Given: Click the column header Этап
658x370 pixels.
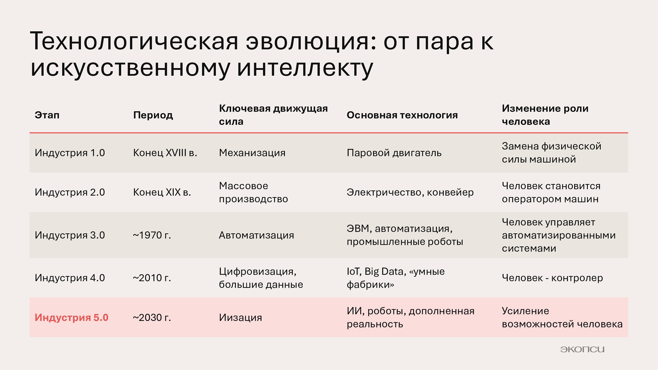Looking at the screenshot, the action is coord(47,115).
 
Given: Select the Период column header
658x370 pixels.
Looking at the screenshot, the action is coord(153,116).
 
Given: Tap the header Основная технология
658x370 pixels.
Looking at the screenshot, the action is coord(402,115).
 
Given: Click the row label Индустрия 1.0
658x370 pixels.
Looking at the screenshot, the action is coord(70,153).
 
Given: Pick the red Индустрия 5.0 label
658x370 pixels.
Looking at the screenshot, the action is coord(71,318).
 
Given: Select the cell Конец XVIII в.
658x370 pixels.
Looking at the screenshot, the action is coord(165,153).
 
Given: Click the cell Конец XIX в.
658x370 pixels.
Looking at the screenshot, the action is coord(162,192).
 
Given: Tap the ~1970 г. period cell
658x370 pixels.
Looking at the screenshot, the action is coord(152,235).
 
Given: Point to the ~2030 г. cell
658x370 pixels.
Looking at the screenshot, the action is coord(152,318).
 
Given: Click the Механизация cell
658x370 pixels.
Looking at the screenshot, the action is coord(252,153).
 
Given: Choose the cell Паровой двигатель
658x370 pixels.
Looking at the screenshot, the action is coord(394,153).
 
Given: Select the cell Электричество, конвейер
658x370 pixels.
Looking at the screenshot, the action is coord(410,193).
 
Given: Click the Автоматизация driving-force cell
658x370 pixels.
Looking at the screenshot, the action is coord(256,235).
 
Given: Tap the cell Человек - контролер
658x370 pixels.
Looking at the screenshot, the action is coord(552,278).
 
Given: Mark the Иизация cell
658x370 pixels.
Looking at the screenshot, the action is coord(240,318).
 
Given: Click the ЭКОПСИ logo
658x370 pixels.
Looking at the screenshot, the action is coord(582,349).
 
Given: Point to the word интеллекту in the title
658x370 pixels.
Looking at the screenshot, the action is coord(305,68).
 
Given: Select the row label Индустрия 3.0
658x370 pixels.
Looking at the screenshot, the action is coord(70,235).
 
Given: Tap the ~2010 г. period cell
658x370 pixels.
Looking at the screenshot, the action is coord(152,278).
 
